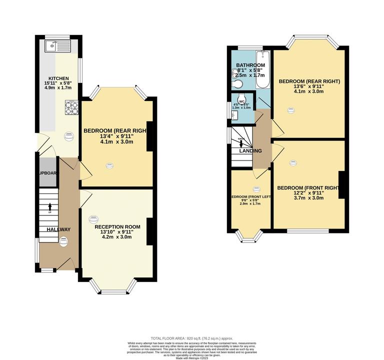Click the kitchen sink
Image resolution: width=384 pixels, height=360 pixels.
[x=52, y=46]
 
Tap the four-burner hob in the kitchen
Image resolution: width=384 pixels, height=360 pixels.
[x=71, y=107]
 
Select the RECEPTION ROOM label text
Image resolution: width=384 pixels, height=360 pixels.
[x=117, y=226]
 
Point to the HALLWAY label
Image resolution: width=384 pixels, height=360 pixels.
[x=59, y=229]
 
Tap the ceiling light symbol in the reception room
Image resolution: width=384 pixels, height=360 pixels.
[x=93, y=219]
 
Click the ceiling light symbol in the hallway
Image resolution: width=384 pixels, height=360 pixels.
[x=63, y=240]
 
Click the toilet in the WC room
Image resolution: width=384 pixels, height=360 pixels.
[x=241, y=98]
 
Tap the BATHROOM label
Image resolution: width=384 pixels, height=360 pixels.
[x=250, y=65]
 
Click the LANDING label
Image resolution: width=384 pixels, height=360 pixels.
[x=250, y=150]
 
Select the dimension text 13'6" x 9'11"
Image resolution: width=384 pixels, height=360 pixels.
[x=309, y=86]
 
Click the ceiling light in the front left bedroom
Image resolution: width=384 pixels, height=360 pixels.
[x=256, y=189]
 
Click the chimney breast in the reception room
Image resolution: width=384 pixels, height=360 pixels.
[x=150, y=231]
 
